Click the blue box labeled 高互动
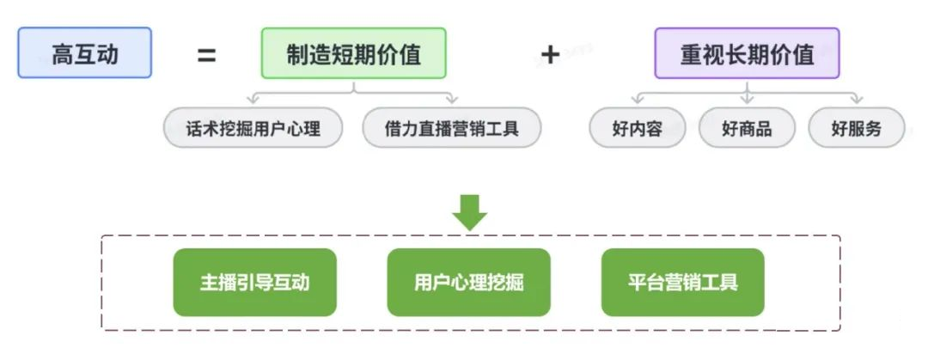click(84, 53)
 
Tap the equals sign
click(206, 56)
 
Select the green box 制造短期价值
click(354, 53)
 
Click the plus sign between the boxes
click(550, 55)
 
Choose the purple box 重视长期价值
click(747, 53)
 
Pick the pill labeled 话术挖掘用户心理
click(253, 129)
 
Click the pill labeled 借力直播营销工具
click(452, 129)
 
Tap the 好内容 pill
click(637, 129)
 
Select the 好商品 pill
click(747, 129)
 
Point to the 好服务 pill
click(856, 129)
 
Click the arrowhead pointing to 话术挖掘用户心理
click(252, 100)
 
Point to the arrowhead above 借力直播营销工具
click(453, 100)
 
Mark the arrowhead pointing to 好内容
click(637, 100)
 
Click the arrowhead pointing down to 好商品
click(748, 100)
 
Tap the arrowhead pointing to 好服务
click(857, 100)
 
